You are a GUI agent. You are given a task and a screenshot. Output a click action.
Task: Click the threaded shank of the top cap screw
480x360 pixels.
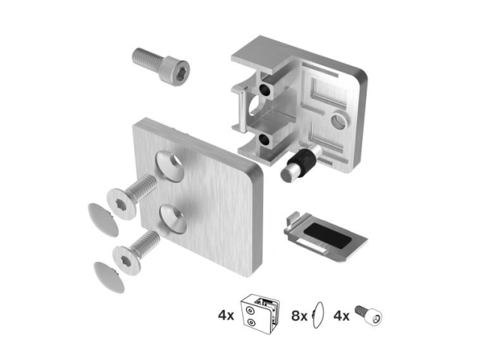coord(147,58)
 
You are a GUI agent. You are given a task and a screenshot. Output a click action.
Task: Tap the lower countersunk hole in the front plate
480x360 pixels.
coord(173,220)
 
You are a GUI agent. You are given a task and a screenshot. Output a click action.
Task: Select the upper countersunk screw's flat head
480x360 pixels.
coord(121,204)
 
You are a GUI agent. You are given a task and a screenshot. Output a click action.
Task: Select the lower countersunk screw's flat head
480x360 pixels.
coord(127,260)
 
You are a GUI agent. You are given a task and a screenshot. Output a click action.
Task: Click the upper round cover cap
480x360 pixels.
coord(103,220)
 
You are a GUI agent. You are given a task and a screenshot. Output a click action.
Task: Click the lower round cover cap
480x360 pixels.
coord(109,277)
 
